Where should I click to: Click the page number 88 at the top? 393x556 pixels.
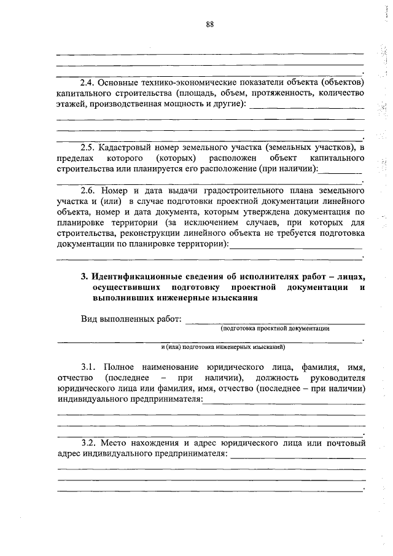[210, 25]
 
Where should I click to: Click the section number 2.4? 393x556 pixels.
[90, 82]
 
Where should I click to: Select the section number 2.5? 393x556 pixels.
[90, 148]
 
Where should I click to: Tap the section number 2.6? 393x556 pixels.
[90, 190]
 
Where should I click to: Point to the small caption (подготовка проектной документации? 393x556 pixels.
[276, 329]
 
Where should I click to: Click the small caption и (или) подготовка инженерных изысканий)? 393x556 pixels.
[210, 347]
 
